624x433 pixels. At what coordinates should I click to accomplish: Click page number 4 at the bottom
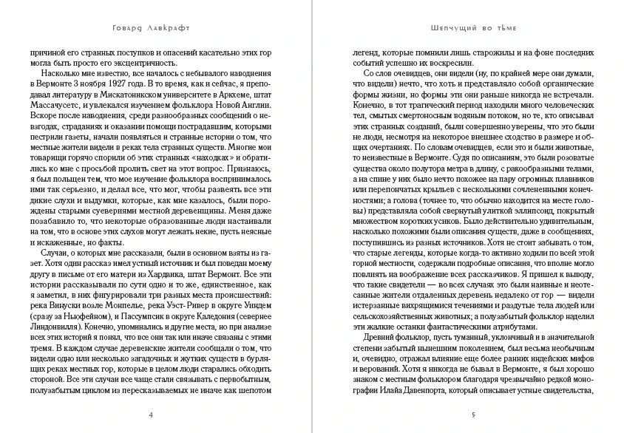coord(151,415)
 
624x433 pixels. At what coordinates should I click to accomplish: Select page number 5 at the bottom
coord(473,415)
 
